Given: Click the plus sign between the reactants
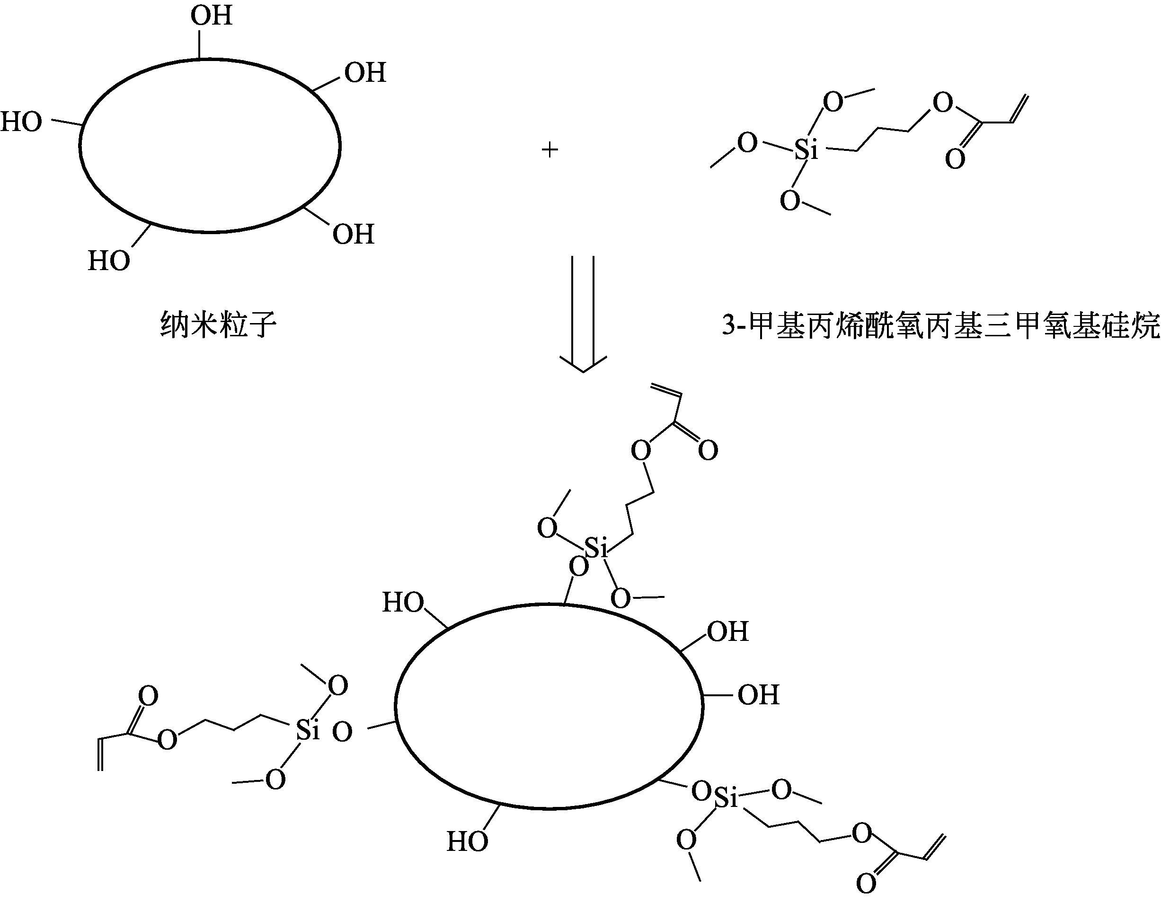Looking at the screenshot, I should tap(549, 150).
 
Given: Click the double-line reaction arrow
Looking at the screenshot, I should tap(583, 314).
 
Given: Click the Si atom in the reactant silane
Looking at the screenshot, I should tap(806, 151).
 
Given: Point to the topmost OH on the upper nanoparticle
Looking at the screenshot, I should tap(212, 16).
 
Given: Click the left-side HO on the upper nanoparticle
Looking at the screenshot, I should tap(21, 122).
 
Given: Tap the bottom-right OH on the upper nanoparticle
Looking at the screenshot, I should tap(354, 234).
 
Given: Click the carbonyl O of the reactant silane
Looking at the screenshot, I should tap(955, 159).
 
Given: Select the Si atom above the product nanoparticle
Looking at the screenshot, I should tap(596, 548).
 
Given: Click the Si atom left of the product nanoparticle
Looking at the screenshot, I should tap(308, 731).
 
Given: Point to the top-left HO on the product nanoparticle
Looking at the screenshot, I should tap(403, 603).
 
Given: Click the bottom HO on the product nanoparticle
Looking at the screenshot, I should tap(467, 841).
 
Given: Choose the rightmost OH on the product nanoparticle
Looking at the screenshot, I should tap(759, 695).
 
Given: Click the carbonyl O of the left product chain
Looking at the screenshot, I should tap(148, 696).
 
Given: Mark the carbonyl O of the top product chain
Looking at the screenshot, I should tap(708, 450).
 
